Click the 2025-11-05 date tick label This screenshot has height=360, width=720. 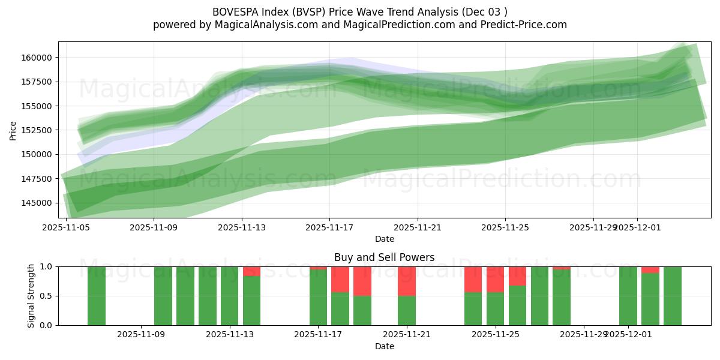point(66,228)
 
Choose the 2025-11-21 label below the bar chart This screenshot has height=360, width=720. point(407,335)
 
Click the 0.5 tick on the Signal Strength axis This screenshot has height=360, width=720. point(47,296)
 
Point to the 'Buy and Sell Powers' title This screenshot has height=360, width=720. point(384,257)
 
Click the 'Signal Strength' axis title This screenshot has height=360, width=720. point(31,296)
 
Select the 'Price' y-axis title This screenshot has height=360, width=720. point(13,130)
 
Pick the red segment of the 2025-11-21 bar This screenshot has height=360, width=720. point(407,281)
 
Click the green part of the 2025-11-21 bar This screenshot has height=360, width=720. point(407,310)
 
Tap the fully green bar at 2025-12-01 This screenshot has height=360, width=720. point(628,296)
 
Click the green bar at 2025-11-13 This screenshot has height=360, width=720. point(230,296)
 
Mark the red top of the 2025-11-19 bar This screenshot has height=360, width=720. point(362,281)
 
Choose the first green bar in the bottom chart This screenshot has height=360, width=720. point(97,296)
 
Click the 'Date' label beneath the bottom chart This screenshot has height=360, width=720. point(384,346)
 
